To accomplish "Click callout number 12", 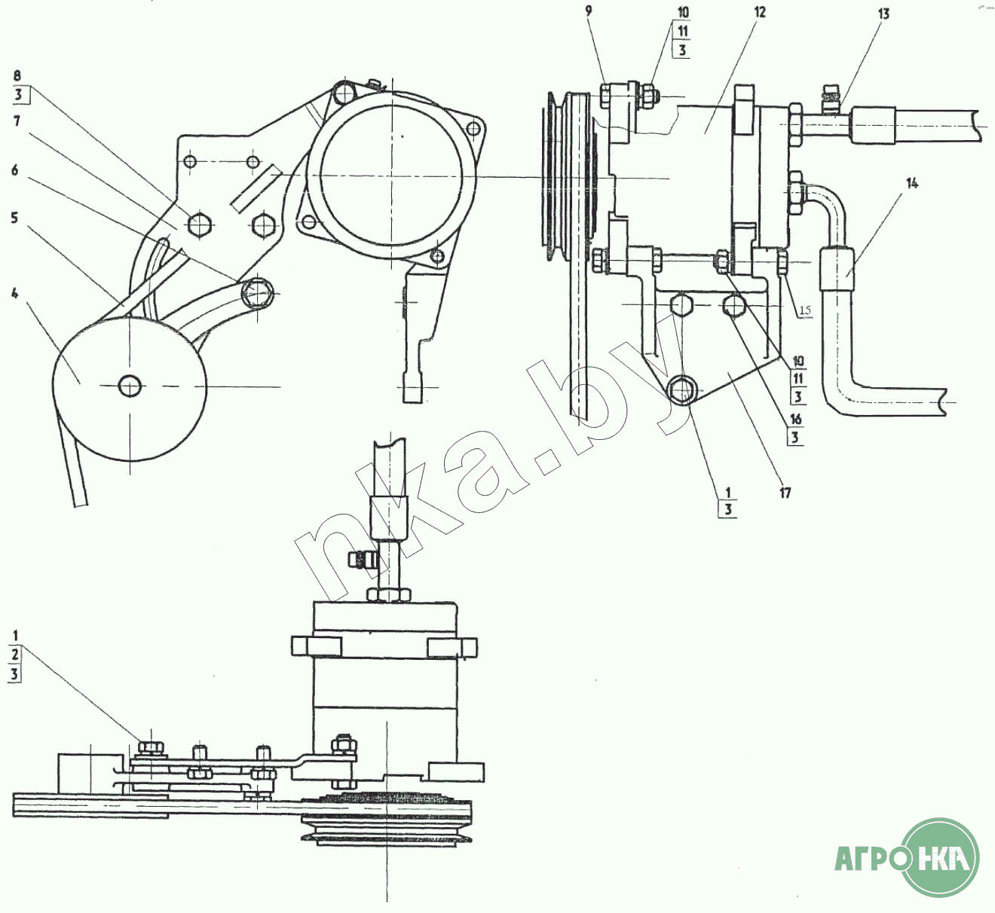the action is point(759,12).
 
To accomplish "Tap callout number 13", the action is point(883,14).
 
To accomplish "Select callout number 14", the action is point(911,184).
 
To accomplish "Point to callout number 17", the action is point(785,493).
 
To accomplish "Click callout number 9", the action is point(588,11).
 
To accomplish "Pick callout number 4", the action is point(15,293).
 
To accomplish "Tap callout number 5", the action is point(14,218).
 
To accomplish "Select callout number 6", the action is point(15,170).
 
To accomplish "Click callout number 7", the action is point(17,121).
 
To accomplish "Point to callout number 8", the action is point(17,76).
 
